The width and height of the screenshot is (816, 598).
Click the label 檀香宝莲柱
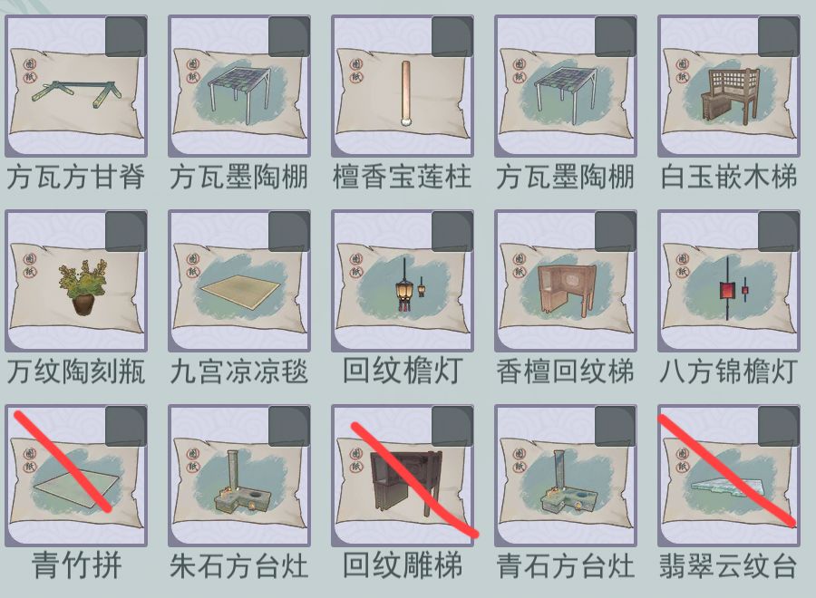(402, 177)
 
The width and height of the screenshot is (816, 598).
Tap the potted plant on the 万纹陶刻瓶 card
(83, 287)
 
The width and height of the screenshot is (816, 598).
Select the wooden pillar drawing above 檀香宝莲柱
(406, 94)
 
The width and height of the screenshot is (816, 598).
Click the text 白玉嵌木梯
(728, 177)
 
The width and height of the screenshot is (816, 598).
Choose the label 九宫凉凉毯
(238, 371)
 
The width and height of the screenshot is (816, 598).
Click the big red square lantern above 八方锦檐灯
(726, 289)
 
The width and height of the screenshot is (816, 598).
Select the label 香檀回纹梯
(565, 371)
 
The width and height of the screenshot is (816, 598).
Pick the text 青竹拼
(76, 565)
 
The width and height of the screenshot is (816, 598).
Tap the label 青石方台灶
(565, 565)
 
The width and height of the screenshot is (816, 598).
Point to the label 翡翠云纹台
(728, 565)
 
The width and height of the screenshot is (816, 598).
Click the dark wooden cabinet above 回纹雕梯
(407, 482)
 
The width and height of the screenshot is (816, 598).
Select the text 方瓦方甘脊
(76, 177)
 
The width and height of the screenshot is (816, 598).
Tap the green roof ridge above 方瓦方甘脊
(77, 93)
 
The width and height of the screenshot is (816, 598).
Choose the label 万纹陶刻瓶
(76, 371)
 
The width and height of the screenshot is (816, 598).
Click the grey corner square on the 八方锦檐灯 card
(779, 231)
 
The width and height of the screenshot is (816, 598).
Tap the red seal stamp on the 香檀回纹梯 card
(519, 265)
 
